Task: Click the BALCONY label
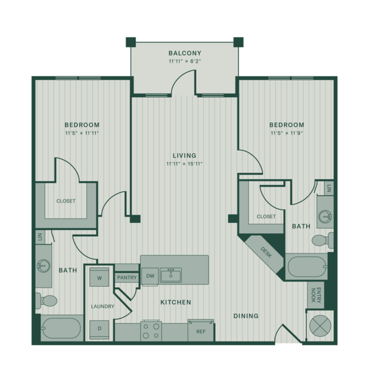pos(185,53)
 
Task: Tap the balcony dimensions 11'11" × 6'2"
pos(185,61)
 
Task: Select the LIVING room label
pos(185,156)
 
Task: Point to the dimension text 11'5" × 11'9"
pos(287,133)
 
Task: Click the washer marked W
pos(100,277)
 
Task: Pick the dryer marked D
pos(100,329)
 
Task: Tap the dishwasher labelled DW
pos(150,276)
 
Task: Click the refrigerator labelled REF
pos(201,331)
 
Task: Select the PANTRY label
pos(127,277)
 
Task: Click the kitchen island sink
pos(171,275)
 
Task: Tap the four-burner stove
pos(151,331)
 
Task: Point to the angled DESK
pos(265,253)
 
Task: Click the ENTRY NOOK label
pos(316,295)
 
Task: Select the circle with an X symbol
pos(321,326)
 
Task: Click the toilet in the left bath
pos(46,301)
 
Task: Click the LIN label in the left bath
pos(40,237)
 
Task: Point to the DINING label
pos(245,316)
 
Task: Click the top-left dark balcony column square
pos(130,42)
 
